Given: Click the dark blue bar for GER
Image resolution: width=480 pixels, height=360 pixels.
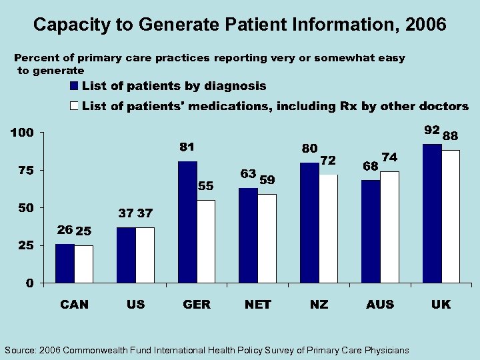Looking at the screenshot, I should pos(187,222).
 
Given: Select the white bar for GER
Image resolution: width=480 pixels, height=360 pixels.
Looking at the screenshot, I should pos(206,241).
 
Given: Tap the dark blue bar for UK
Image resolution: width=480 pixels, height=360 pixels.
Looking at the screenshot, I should pos(432,213).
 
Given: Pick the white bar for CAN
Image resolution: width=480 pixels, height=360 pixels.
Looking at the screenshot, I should pos(83,264).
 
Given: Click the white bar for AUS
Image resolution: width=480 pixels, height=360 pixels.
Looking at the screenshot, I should pos(389,227).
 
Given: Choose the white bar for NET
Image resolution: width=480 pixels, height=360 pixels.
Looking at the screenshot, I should pos(267,239).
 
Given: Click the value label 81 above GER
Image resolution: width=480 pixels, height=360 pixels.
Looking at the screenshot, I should pos(187,147).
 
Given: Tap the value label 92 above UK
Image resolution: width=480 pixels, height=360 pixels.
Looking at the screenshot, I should pos(432,129).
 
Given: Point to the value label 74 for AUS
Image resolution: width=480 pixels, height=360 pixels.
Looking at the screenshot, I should pos(390,157).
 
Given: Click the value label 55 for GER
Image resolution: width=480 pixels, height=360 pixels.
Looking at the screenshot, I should pos(206,186).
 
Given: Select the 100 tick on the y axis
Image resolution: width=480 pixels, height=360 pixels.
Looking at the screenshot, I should pos(21,133).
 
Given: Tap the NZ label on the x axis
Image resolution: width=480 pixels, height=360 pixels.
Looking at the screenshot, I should pos(319,305).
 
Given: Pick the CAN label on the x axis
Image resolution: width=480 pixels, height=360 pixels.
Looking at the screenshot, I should pos(74,305).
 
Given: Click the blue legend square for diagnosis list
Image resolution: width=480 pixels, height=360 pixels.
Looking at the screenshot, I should pos(75,86).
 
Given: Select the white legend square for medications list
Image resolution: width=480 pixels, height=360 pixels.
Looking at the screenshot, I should pos(75,106).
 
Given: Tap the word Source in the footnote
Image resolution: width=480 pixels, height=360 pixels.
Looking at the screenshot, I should pos(21,350).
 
